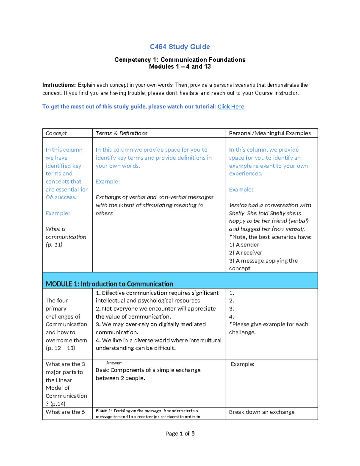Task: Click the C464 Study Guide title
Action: pyautogui.click(x=180, y=47)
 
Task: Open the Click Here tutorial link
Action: pyautogui.click(x=231, y=107)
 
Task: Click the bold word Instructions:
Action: pyautogui.click(x=59, y=85)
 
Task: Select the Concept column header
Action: pyautogui.click(x=56, y=133)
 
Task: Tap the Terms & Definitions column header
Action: pyautogui.click(x=121, y=133)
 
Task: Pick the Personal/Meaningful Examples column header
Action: pyautogui.click(x=269, y=133)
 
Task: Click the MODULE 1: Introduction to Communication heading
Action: pyautogui.click(x=109, y=284)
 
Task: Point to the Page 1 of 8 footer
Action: pyautogui.click(x=180, y=434)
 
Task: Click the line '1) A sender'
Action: pyautogui.click(x=244, y=245)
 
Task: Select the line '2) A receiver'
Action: pyautogui.click(x=245, y=253)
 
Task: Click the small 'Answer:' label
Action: pyautogui.click(x=114, y=363)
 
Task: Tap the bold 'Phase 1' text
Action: pyautogui.click(x=103, y=411)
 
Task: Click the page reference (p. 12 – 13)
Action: pyautogui.click(x=60, y=348)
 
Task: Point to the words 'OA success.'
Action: pyautogui.click(x=61, y=197)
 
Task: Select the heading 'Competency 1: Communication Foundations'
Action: pyautogui.click(x=180, y=60)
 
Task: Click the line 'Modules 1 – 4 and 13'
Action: pyautogui.click(x=180, y=67)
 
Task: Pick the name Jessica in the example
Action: pyautogui.click(x=238, y=205)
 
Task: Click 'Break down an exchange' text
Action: pyautogui.click(x=262, y=412)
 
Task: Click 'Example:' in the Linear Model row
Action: pyautogui.click(x=242, y=364)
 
